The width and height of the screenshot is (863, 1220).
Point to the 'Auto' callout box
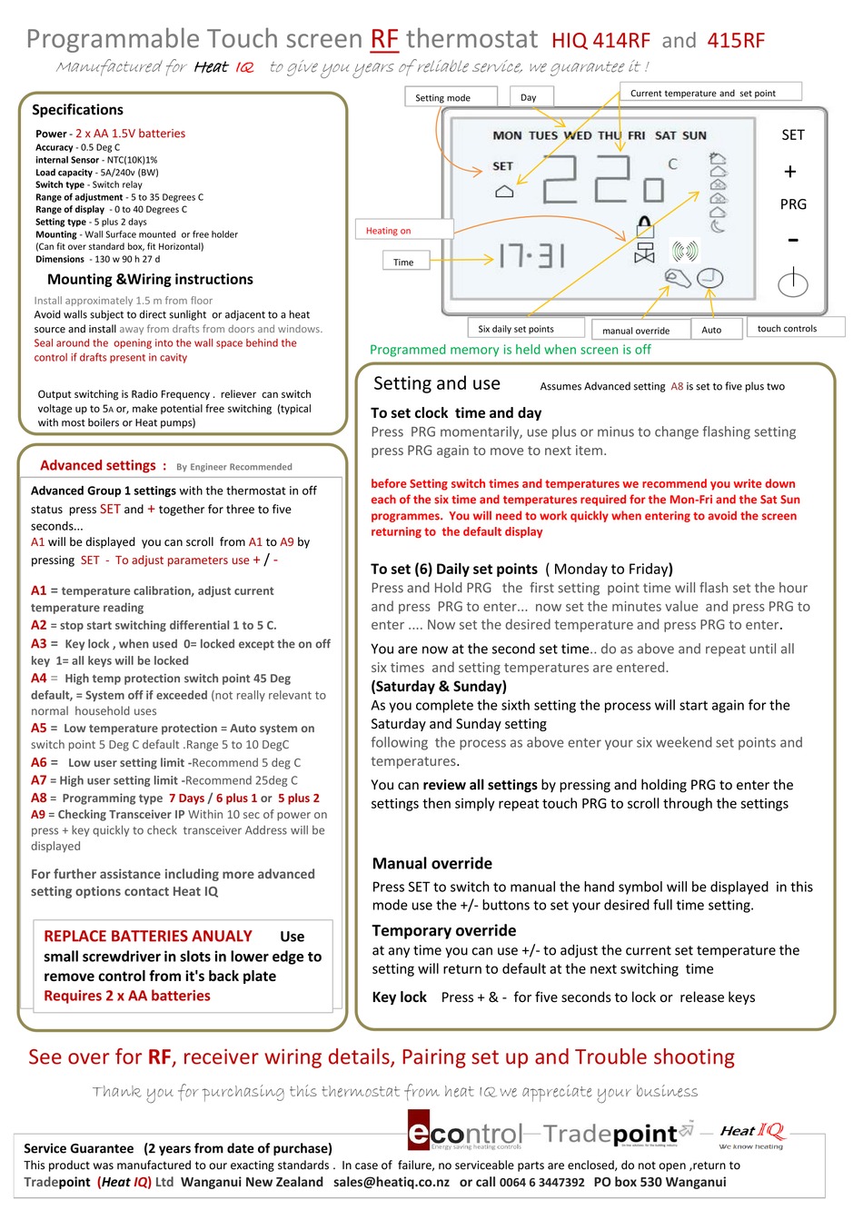click(x=711, y=329)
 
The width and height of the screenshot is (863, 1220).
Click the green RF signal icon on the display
click(x=684, y=251)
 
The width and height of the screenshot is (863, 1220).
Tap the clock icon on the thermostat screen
click(x=709, y=278)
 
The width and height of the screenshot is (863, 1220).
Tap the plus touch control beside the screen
click(x=790, y=172)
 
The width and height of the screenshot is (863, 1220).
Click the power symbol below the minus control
click(x=792, y=283)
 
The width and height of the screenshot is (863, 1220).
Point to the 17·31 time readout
click(x=531, y=255)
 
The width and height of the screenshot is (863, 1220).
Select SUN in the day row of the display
click(x=694, y=135)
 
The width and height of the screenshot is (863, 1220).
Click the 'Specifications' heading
click(x=77, y=110)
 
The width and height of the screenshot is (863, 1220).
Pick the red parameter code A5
click(x=38, y=728)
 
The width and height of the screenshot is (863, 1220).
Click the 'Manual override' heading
click(x=431, y=863)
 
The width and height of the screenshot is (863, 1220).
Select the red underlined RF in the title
click(x=384, y=39)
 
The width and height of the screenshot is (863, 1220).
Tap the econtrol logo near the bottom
click(x=465, y=1134)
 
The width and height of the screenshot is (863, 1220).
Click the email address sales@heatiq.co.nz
click(x=391, y=1182)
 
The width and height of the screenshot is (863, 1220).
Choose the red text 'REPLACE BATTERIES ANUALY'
click(x=148, y=936)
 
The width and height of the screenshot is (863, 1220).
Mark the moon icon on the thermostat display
click(x=717, y=226)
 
